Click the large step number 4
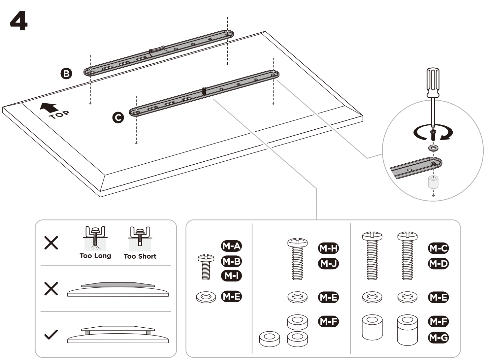click(x=19, y=20)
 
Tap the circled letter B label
click(x=67, y=73)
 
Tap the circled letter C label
click(x=118, y=117)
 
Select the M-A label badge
click(x=231, y=246)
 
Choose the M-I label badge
click(x=231, y=276)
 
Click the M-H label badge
click(x=328, y=248)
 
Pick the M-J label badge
click(x=328, y=264)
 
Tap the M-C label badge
click(x=438, y=248)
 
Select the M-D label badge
click(x=438, y=264)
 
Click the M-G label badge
click(x=438, y=338)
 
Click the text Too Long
click(x=95, y=256)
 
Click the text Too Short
click(x=140, y=256)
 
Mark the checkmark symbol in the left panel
click(x=51, y=335)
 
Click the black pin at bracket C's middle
click(x=204, y=91)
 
